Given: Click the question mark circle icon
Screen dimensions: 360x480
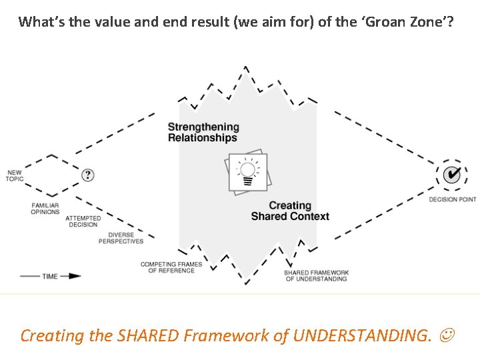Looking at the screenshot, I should pos(88,175).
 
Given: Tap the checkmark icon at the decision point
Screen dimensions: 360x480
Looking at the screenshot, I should pos(452,174).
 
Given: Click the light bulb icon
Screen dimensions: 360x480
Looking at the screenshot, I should pos(247,171).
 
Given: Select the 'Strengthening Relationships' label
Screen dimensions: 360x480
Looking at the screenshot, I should pos(203,132).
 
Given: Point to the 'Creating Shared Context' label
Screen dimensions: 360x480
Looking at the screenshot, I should pos(290,211).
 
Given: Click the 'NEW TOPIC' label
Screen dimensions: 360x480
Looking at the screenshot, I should pos(15,176).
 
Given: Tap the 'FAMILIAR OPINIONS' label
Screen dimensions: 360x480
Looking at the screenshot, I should pos(45,209).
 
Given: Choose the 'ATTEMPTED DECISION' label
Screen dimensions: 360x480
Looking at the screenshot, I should pos(83,221).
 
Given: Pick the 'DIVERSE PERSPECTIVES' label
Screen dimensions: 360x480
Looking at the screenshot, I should pos(121,238).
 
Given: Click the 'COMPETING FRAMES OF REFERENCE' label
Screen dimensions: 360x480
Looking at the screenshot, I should pos(171,268).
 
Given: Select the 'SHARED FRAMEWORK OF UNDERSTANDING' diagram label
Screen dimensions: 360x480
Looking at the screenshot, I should pos(317,275).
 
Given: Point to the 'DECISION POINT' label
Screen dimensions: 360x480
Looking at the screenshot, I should pos(452,199).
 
